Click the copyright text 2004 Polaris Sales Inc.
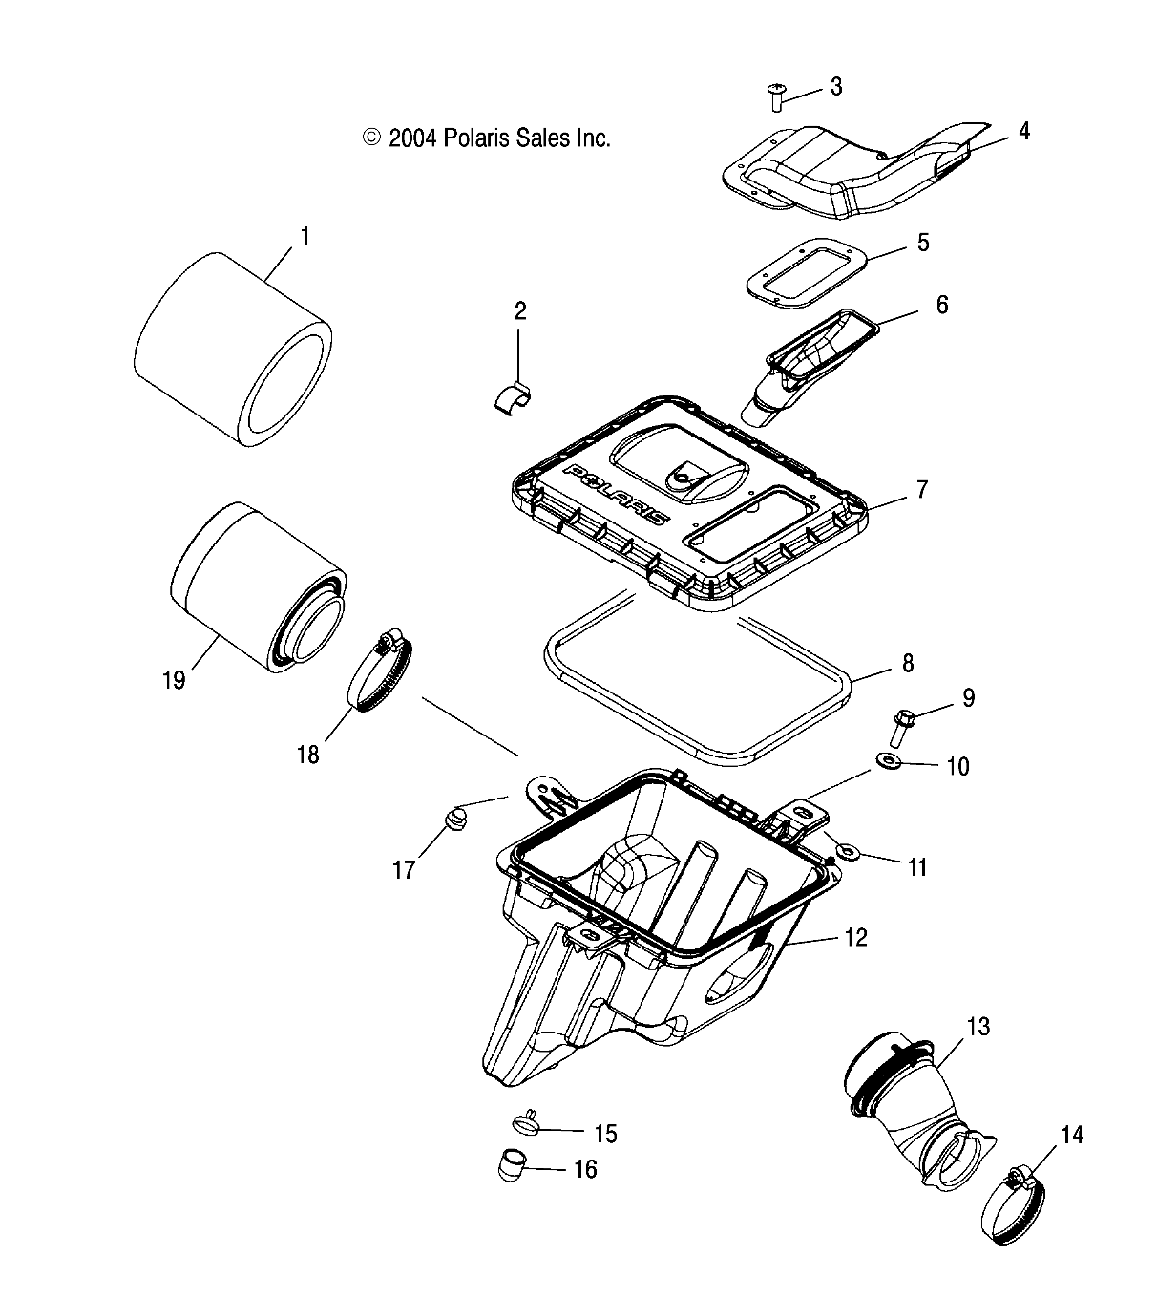[x=487, y=138]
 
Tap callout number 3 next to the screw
[x=836, y=87]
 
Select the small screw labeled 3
[x=774, y=96]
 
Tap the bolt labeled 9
[x=902, y=727]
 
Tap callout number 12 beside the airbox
[x=855, y=937]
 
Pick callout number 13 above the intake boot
[x=978, y=1027]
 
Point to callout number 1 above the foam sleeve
[x=305, y=235]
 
